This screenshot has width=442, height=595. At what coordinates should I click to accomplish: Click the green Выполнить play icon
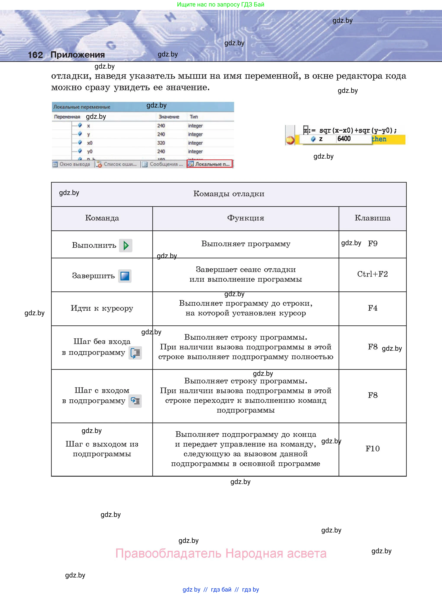[x=125, y=245]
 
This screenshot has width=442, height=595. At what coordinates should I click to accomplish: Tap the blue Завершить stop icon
[x=125, y=276]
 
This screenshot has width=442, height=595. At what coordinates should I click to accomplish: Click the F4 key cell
[x=372, y=308]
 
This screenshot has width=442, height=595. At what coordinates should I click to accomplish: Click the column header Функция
[x=245, y=218]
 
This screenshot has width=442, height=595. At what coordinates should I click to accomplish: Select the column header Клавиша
[x=372, y=218]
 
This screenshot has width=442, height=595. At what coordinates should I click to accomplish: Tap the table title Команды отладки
[x=228, y=194]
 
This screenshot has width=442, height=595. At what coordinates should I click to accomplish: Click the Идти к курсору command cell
[x=102, y=308]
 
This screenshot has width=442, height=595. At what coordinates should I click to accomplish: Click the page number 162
[x=35, y=55]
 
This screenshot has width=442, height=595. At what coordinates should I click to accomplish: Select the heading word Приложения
[x=78, y=55]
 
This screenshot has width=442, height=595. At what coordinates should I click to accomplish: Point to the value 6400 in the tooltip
[x=344, y=139]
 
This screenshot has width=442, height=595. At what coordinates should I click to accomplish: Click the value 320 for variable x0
[x=161, y=143]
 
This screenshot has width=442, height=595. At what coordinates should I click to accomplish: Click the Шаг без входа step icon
[x=135, y=353]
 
